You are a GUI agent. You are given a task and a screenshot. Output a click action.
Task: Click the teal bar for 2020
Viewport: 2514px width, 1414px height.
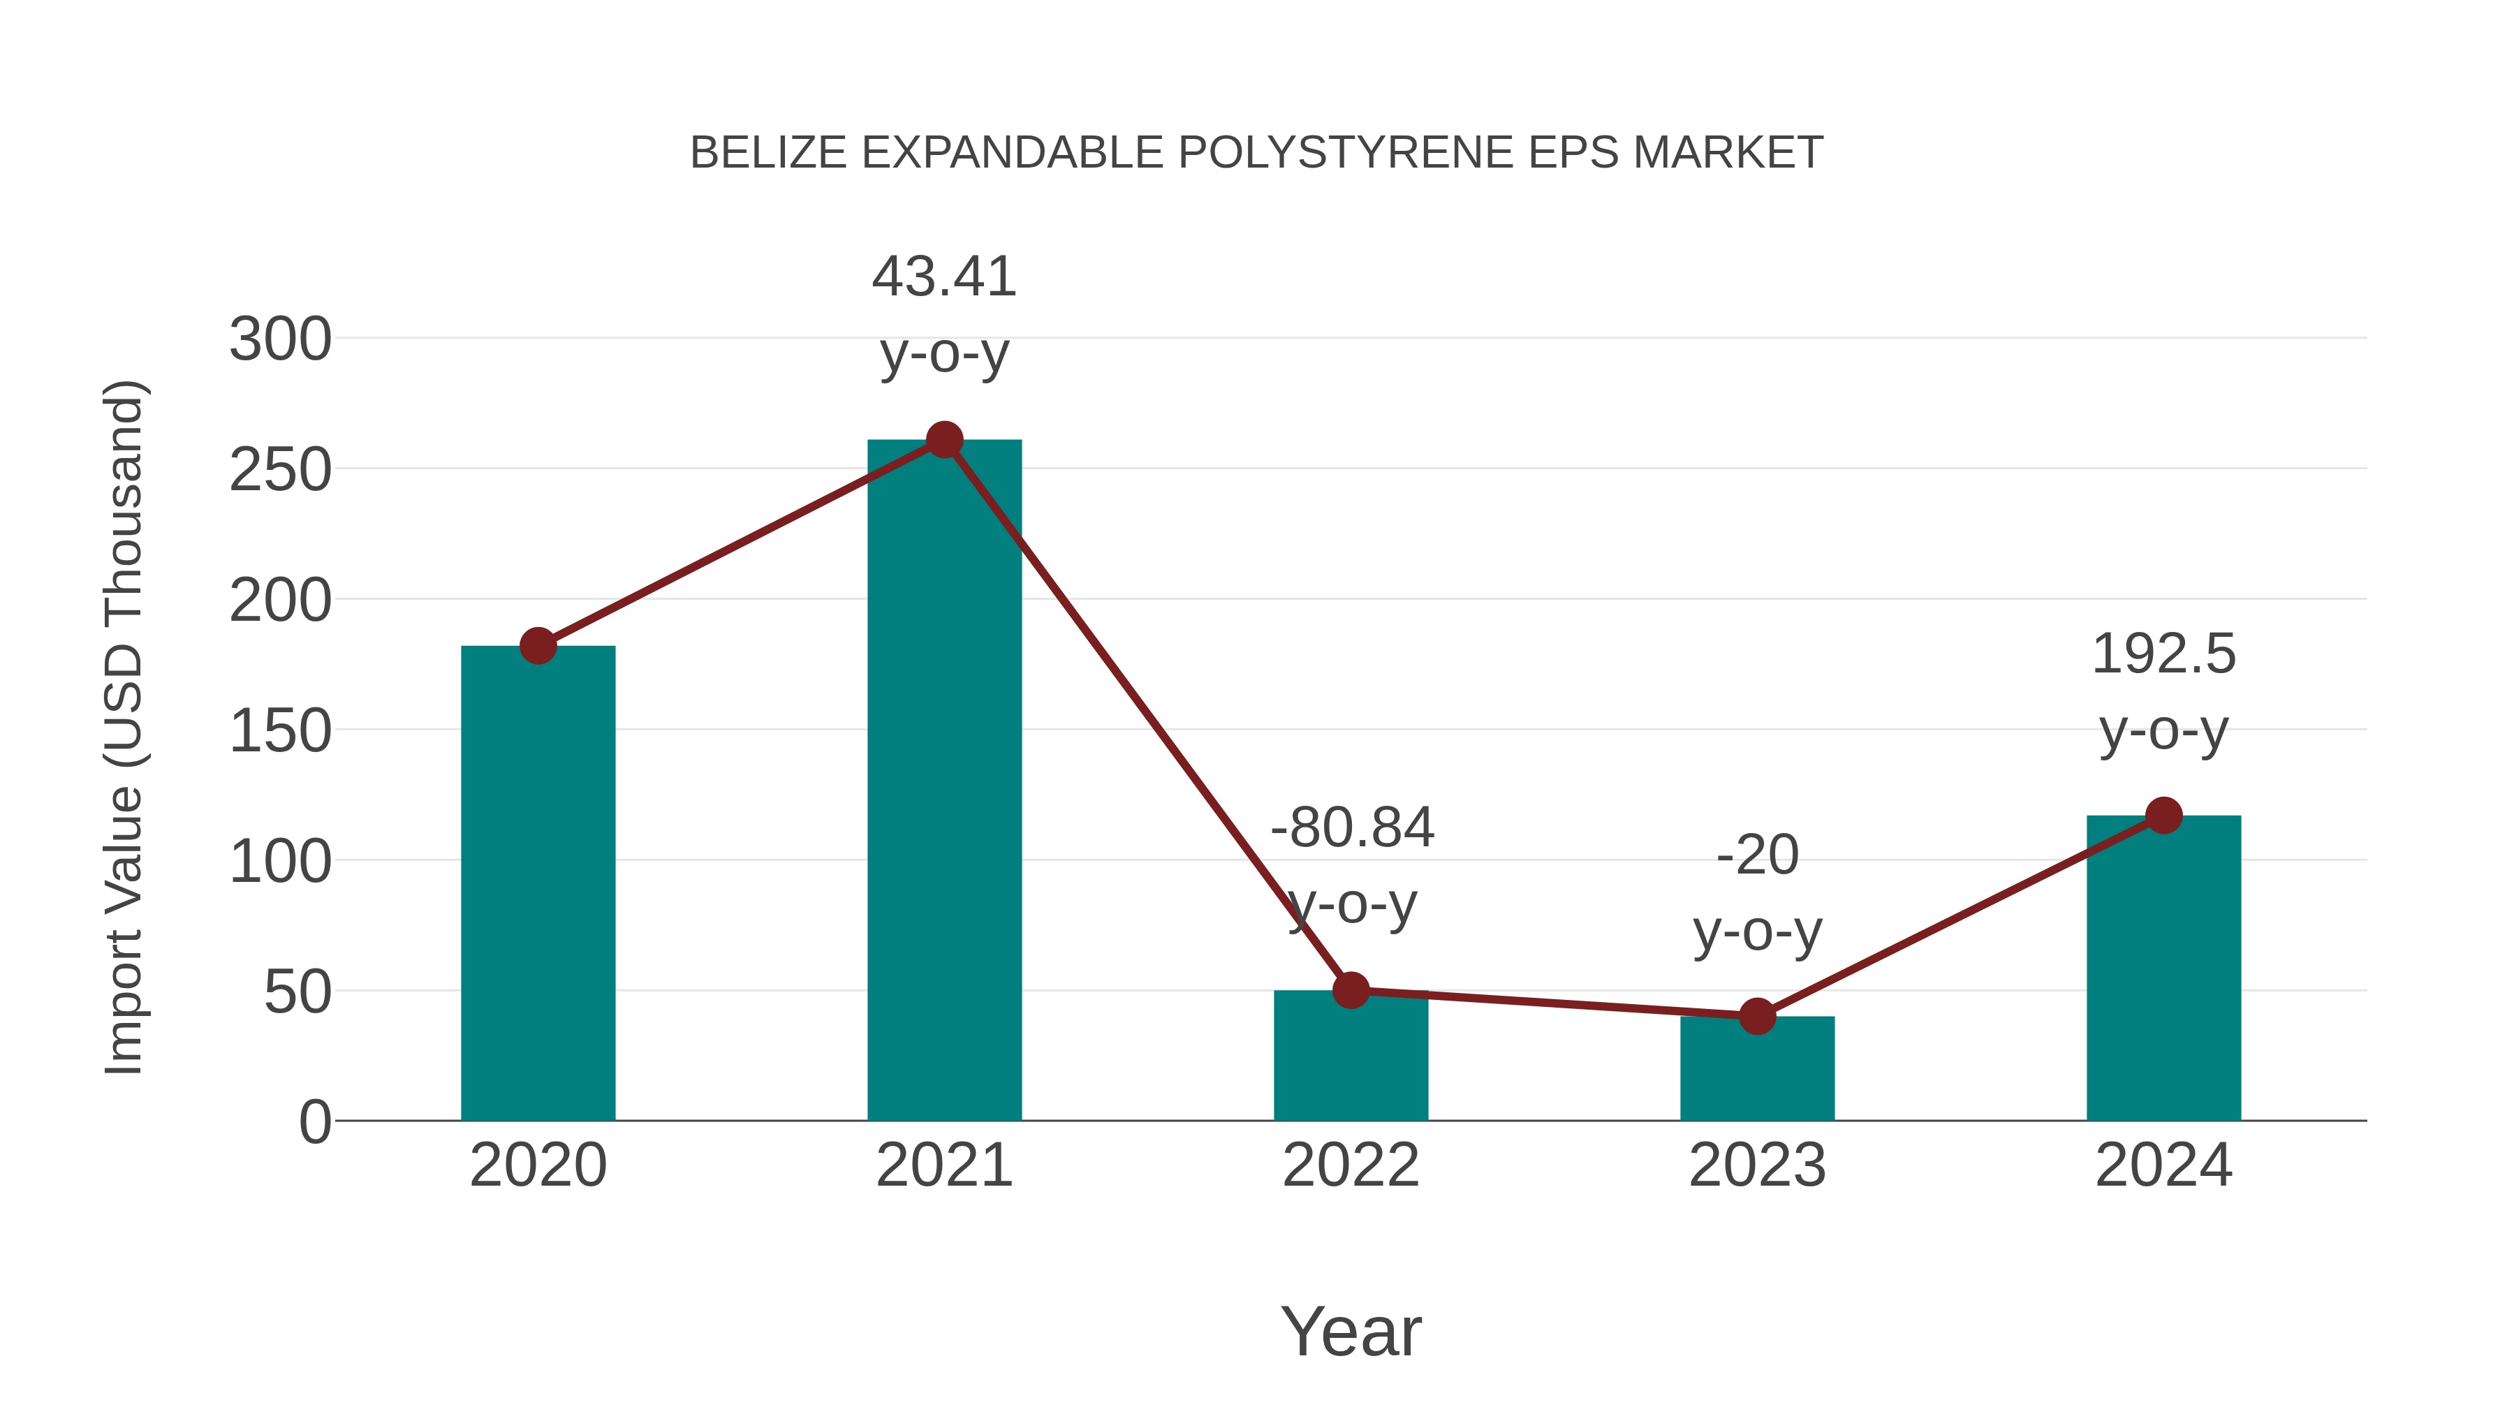[x=538, y=883]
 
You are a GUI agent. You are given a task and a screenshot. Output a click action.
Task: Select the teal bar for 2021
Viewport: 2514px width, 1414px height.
[x=943, y=781]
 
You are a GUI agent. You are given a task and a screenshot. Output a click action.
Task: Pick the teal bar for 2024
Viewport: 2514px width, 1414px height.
[x=2163, y=968]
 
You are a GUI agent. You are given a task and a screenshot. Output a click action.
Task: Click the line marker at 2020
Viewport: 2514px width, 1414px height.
[x=538, y=645]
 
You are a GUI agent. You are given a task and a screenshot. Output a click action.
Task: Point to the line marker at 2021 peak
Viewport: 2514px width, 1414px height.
[x=943, y=440]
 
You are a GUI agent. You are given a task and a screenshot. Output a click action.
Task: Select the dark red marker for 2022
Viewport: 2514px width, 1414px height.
[x=1351, y=989]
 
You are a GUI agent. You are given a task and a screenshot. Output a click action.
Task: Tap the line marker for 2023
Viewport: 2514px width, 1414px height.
[x=1757, y=1016]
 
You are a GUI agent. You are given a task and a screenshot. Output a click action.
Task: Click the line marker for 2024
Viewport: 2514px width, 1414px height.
[x=2163, y=815]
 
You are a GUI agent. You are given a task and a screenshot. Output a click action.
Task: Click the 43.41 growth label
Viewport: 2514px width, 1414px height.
[x=943, y=277]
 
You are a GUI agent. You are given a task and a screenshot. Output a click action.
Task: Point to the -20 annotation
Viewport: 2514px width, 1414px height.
[x=1757, y=856]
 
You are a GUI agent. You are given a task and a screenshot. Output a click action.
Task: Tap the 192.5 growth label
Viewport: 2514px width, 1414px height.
[x=2163, y=654]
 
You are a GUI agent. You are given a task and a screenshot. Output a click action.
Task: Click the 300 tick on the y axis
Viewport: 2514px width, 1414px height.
[x=280, y=341]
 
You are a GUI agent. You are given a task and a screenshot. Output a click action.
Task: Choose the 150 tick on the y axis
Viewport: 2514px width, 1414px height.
[x=280, y=732]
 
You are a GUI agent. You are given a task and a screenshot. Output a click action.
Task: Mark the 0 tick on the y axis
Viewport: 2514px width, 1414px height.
[x=314, y=1122]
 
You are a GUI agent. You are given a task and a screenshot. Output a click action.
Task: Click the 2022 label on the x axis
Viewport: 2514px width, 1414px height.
[x=1351, y=1165]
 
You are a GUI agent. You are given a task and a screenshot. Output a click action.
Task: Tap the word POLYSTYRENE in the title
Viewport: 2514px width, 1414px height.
[x=1347, y=153]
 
